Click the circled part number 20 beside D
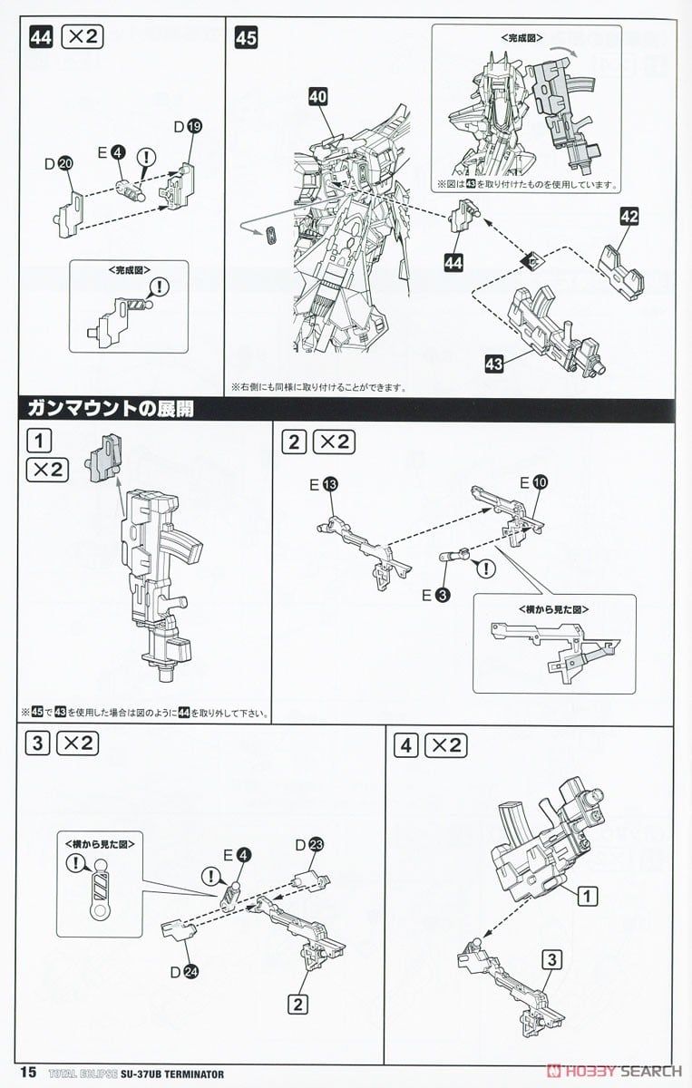pos(64,163)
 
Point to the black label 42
pos(630,217)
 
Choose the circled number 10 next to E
pos(540,484)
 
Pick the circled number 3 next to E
pos(443,594)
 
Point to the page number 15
pos(26,1072)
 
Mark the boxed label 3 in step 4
pos(550,958)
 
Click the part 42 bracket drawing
pos(620,262)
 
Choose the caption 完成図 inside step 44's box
pos(128,270)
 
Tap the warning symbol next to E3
pos(486,568)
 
